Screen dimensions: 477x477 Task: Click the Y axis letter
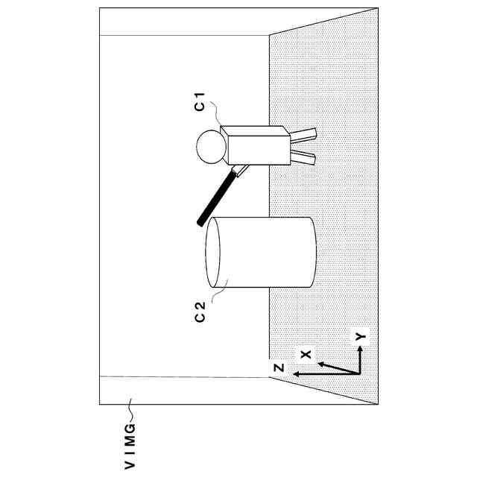point(361,336)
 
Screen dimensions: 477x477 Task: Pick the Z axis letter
point(277,367)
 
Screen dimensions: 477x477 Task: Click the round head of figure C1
point(211,146)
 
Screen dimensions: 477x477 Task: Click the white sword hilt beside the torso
point(238,172)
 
